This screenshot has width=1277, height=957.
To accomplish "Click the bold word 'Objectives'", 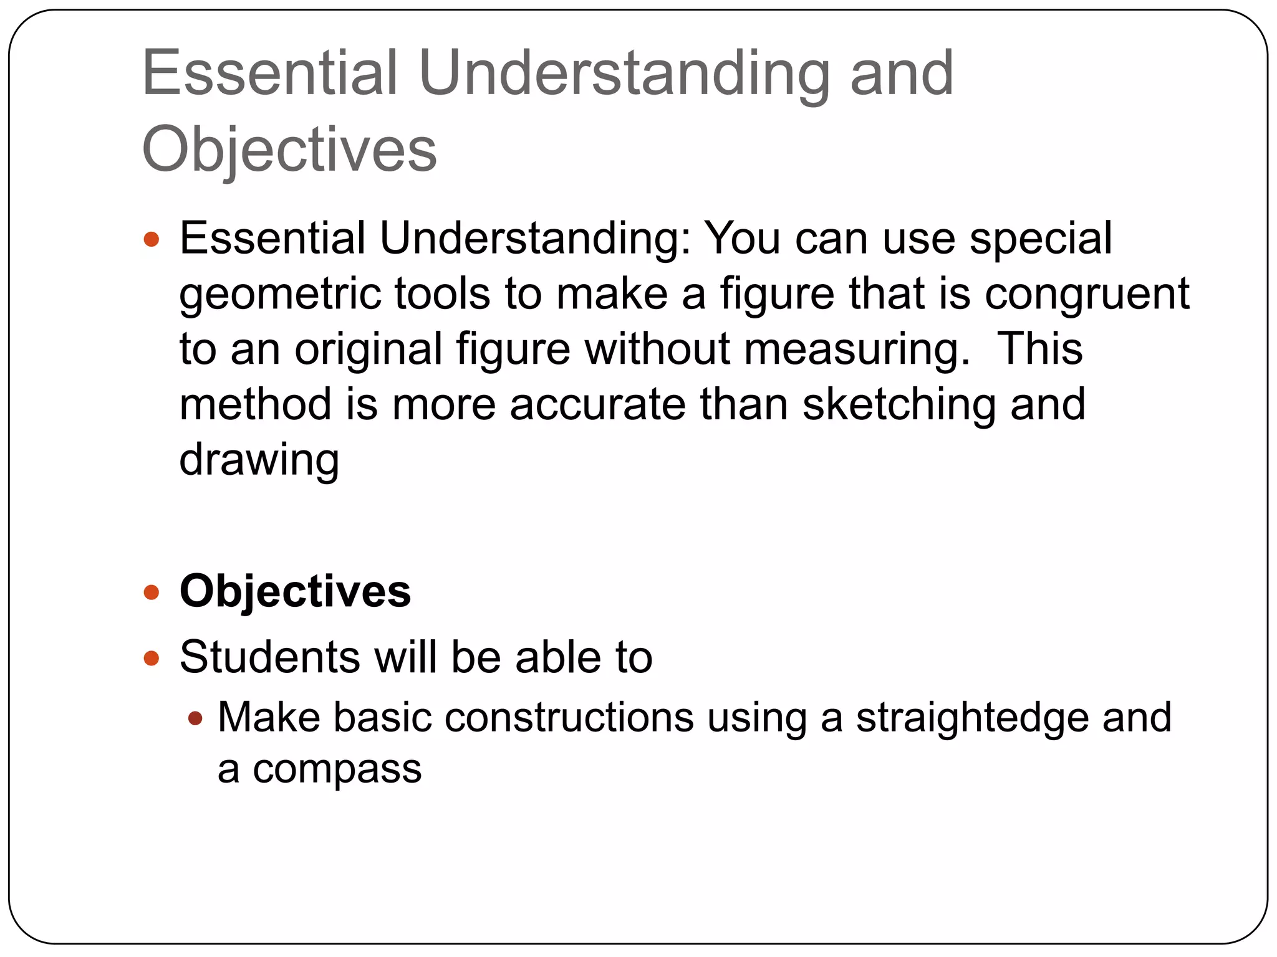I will pyautogui.click(x=295, y=591).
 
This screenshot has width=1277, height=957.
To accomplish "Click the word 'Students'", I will pyautogui.click(x=269, y=657).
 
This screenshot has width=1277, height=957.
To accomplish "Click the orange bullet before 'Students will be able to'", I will pyautogui.click(x=152, y=658).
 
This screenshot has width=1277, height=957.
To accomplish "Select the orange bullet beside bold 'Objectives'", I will pyautogui.click(x=152, y=592).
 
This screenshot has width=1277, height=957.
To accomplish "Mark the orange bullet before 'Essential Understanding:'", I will pyautogui.click(x=152, y=239).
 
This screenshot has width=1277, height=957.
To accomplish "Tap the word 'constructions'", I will pyautogui.click(x=569, y=718).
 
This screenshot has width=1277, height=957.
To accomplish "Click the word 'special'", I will pyautogui.click(x=1041, y=239).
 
